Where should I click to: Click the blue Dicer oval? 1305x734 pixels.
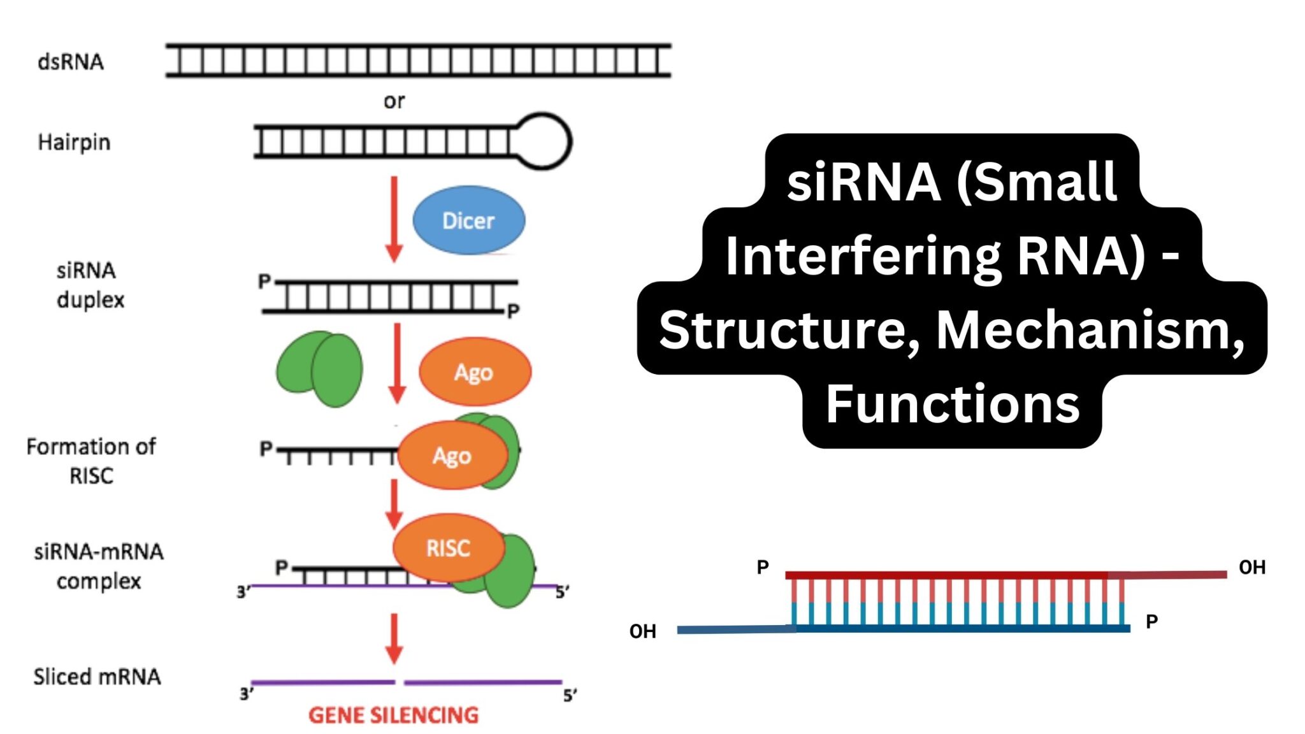(469, 220)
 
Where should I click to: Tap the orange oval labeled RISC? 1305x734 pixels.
(448, 548)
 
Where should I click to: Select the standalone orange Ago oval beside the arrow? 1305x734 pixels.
(475, 372)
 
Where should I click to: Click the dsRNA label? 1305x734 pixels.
(71, 62)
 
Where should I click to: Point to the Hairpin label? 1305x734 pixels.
(74, 142)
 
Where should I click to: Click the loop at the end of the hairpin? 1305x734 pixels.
(543, 141)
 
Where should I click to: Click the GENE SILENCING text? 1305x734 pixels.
(393, 715)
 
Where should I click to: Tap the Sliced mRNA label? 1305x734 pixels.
(97, 677)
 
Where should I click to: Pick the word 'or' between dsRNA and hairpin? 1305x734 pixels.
(394, 101)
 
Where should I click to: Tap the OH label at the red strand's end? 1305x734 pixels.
(1251, 567)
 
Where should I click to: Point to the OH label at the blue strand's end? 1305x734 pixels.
(642, 631)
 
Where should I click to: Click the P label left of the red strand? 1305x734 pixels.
(763, 566)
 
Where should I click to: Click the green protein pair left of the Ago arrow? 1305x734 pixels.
(320, 369)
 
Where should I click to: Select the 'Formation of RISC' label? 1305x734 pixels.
(91, 461)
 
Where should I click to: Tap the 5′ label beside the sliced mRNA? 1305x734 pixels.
(570, 695)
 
